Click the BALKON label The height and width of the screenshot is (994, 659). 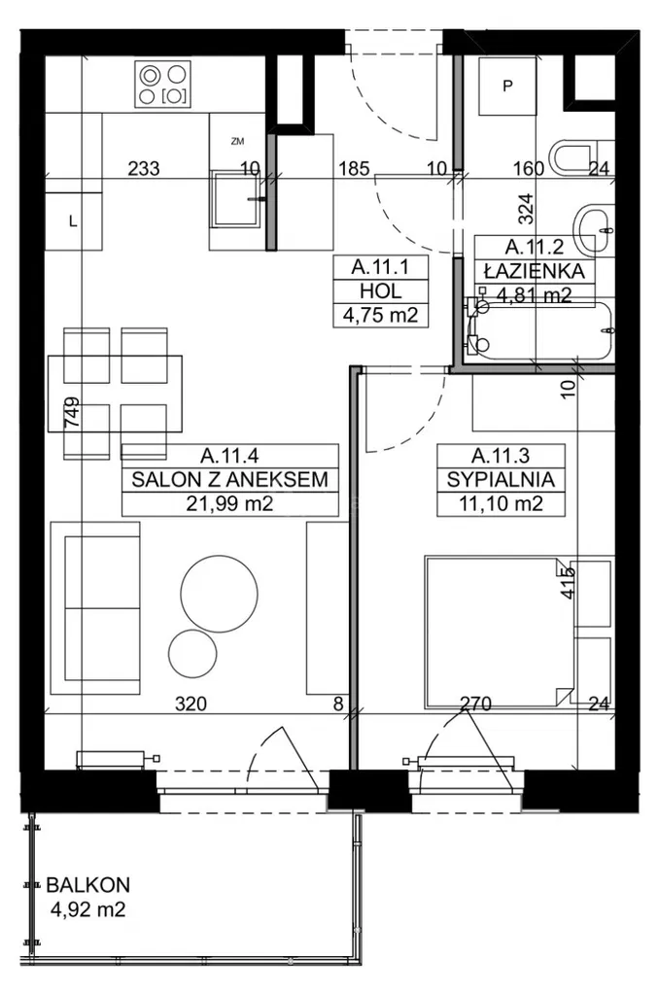click(x=87, y=885)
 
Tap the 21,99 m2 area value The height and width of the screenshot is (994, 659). click(x=229, y=503)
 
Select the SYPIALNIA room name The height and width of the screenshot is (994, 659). click(x=502, y=479)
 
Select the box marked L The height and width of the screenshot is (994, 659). click(x=72, y=221)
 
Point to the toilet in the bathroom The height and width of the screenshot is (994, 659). click(x=579, y=157)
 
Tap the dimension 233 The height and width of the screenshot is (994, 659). click(x=144, y=168)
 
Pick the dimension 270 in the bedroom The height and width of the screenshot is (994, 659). click(x=476, y=704)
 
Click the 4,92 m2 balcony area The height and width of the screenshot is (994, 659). click(x=87, y=910)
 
